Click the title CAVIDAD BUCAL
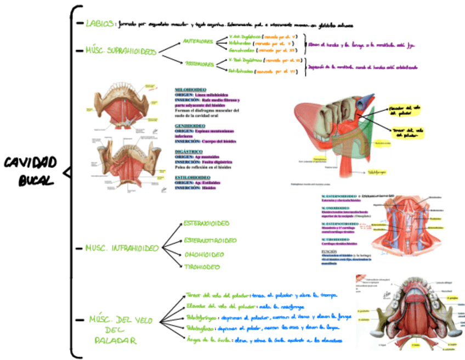[31, 171]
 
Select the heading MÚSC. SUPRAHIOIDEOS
[121, 50]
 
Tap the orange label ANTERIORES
[198, 42]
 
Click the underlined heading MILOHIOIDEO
[190, 89]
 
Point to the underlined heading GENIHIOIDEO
[190, 126]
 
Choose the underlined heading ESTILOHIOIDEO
[192, 177]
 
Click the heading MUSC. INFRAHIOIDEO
[121, 248]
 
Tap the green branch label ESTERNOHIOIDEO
[206, 224]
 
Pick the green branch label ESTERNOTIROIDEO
[211, 240]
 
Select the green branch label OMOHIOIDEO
[204, 255]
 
